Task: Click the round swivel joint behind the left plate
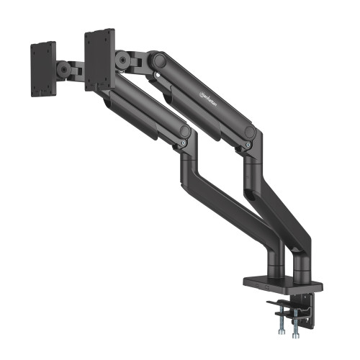coord(66,70)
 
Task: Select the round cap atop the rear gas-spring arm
coord(249,132)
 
